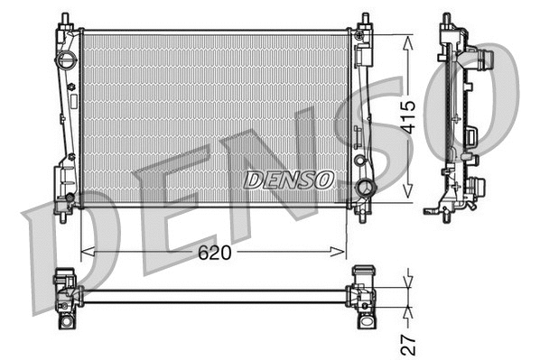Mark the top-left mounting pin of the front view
pyautogui.click(x=66, y=19)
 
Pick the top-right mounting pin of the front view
pyautogui.click(x=364, y=19)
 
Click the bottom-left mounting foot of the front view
pyautogui.click(x=62, y=214)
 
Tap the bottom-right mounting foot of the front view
pyautogui.click(x=363, y=214)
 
